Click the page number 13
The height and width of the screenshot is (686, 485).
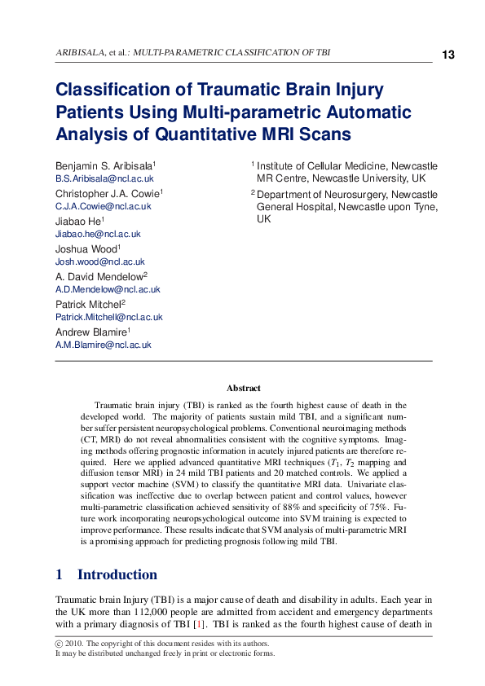point(448,55)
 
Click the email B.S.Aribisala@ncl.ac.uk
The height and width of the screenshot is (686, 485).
point(104,178)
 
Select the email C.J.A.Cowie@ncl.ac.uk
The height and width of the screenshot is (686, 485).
point(103,206)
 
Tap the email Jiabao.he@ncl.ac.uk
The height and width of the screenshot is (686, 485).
point(98,234)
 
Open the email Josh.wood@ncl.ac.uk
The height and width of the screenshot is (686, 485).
point(99,262)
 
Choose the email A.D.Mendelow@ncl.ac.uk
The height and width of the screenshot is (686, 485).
point(108,289)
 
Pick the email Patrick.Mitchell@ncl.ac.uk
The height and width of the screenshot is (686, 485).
point(108,317)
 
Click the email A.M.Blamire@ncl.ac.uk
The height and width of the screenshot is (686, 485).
point(103,345)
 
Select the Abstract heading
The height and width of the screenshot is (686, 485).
point(243,389)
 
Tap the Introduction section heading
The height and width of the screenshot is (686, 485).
point(117,574)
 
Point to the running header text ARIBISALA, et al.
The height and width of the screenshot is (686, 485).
point(87,53)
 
